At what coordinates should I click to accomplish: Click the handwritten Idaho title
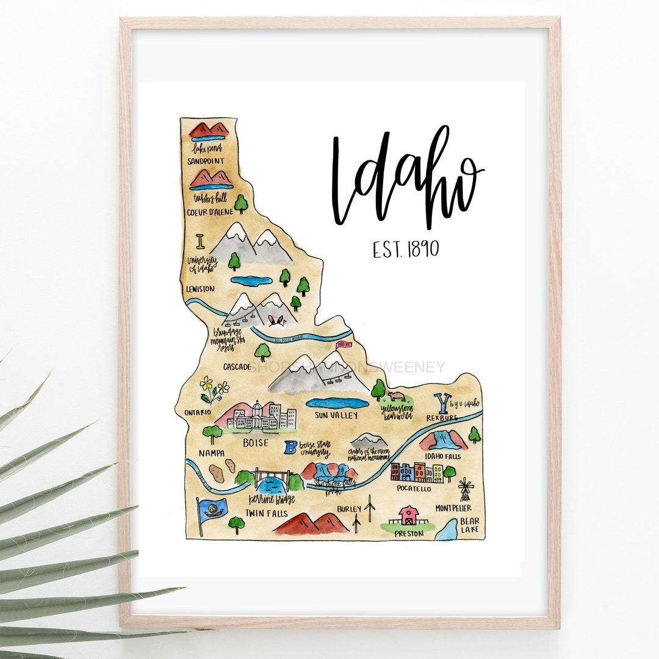pos(406,177)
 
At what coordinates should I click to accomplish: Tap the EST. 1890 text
pos(406,249)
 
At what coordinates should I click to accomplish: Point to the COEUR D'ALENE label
pos(210,212)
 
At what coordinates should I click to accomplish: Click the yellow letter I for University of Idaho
pos(200,242)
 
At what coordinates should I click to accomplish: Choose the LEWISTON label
pos(201,288)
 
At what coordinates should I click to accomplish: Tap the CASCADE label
pos(237,367)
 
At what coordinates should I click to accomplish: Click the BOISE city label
pos(255,443)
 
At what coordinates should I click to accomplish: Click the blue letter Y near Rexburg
pos(440,403)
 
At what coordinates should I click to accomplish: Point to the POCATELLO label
pos(412,488)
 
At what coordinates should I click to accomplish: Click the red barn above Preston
pos(408,516)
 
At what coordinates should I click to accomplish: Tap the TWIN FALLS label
pos(266,513)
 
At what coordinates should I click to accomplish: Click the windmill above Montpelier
pos(466,489)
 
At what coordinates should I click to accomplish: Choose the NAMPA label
pos(211,453)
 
